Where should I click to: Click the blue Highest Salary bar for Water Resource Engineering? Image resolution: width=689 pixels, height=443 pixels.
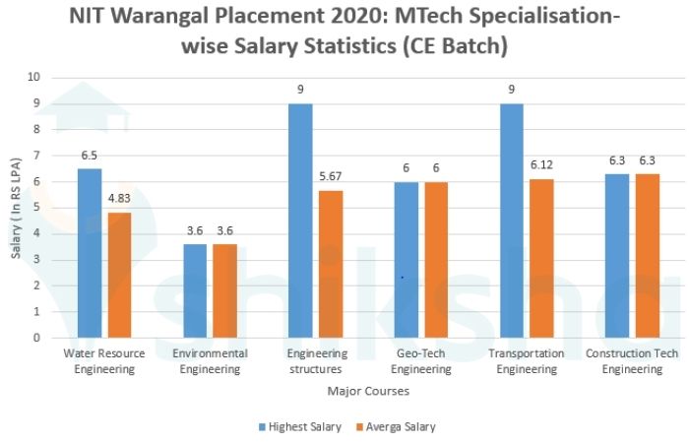point(89,253)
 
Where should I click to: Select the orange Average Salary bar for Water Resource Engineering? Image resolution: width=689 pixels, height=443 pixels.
point(119,275)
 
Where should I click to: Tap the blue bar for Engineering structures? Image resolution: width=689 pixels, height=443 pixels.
point(300,221)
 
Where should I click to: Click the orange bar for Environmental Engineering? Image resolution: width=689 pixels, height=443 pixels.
point(225,290)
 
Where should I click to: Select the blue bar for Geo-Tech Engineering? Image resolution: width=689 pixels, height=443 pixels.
point(406,260)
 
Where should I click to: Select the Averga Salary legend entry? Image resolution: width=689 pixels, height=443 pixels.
point(396,426)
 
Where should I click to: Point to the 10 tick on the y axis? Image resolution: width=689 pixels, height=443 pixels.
point(34,77)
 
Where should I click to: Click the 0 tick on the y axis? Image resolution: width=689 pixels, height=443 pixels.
point(36,338)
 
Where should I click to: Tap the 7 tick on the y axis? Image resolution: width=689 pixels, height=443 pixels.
point(36,156)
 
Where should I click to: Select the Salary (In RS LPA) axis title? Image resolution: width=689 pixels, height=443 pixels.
point(16,208)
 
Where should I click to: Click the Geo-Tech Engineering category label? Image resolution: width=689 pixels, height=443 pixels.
point(421,361)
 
